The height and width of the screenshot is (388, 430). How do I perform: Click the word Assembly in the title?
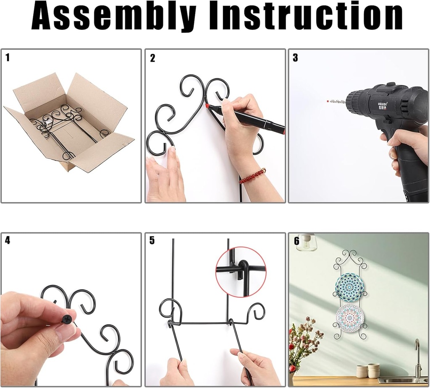(113, 16)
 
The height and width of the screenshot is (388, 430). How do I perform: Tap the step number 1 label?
(8, 57)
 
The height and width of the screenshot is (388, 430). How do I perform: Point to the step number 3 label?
(295, 58)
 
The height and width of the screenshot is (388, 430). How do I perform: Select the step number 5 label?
(152, 240)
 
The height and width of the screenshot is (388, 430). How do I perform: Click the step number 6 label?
(296, 241)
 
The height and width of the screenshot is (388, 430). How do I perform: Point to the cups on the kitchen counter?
(368, 370)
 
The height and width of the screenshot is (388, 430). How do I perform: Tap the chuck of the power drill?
(357, 102)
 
